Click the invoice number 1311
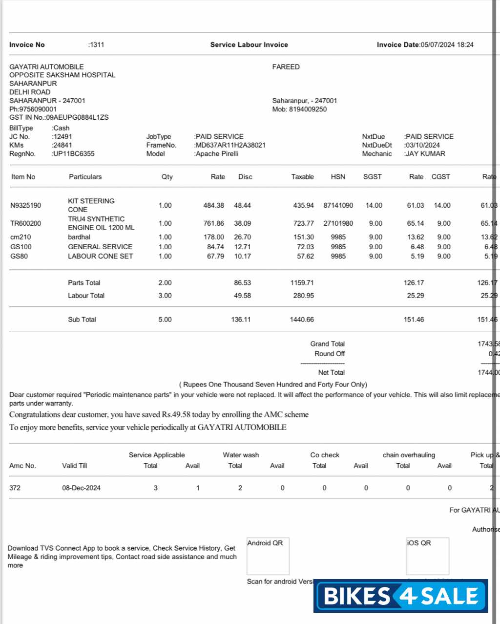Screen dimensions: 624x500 97,44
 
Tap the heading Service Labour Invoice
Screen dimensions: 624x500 249,44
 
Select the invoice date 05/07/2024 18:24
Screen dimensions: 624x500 447,44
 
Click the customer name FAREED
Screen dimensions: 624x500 286,67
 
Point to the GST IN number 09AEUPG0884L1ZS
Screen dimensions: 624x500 77,117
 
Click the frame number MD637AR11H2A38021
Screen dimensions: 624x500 230,145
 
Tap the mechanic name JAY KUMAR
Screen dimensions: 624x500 425,153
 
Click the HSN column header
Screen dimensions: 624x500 338,177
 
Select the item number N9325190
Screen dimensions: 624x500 26,205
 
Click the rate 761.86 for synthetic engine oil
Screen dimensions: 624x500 213,223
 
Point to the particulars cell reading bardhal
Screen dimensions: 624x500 79,237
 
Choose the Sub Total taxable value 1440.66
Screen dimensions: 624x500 302,320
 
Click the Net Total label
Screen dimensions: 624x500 331,372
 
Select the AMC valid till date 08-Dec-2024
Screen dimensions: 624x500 81,488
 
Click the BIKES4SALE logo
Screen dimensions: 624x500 401,596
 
